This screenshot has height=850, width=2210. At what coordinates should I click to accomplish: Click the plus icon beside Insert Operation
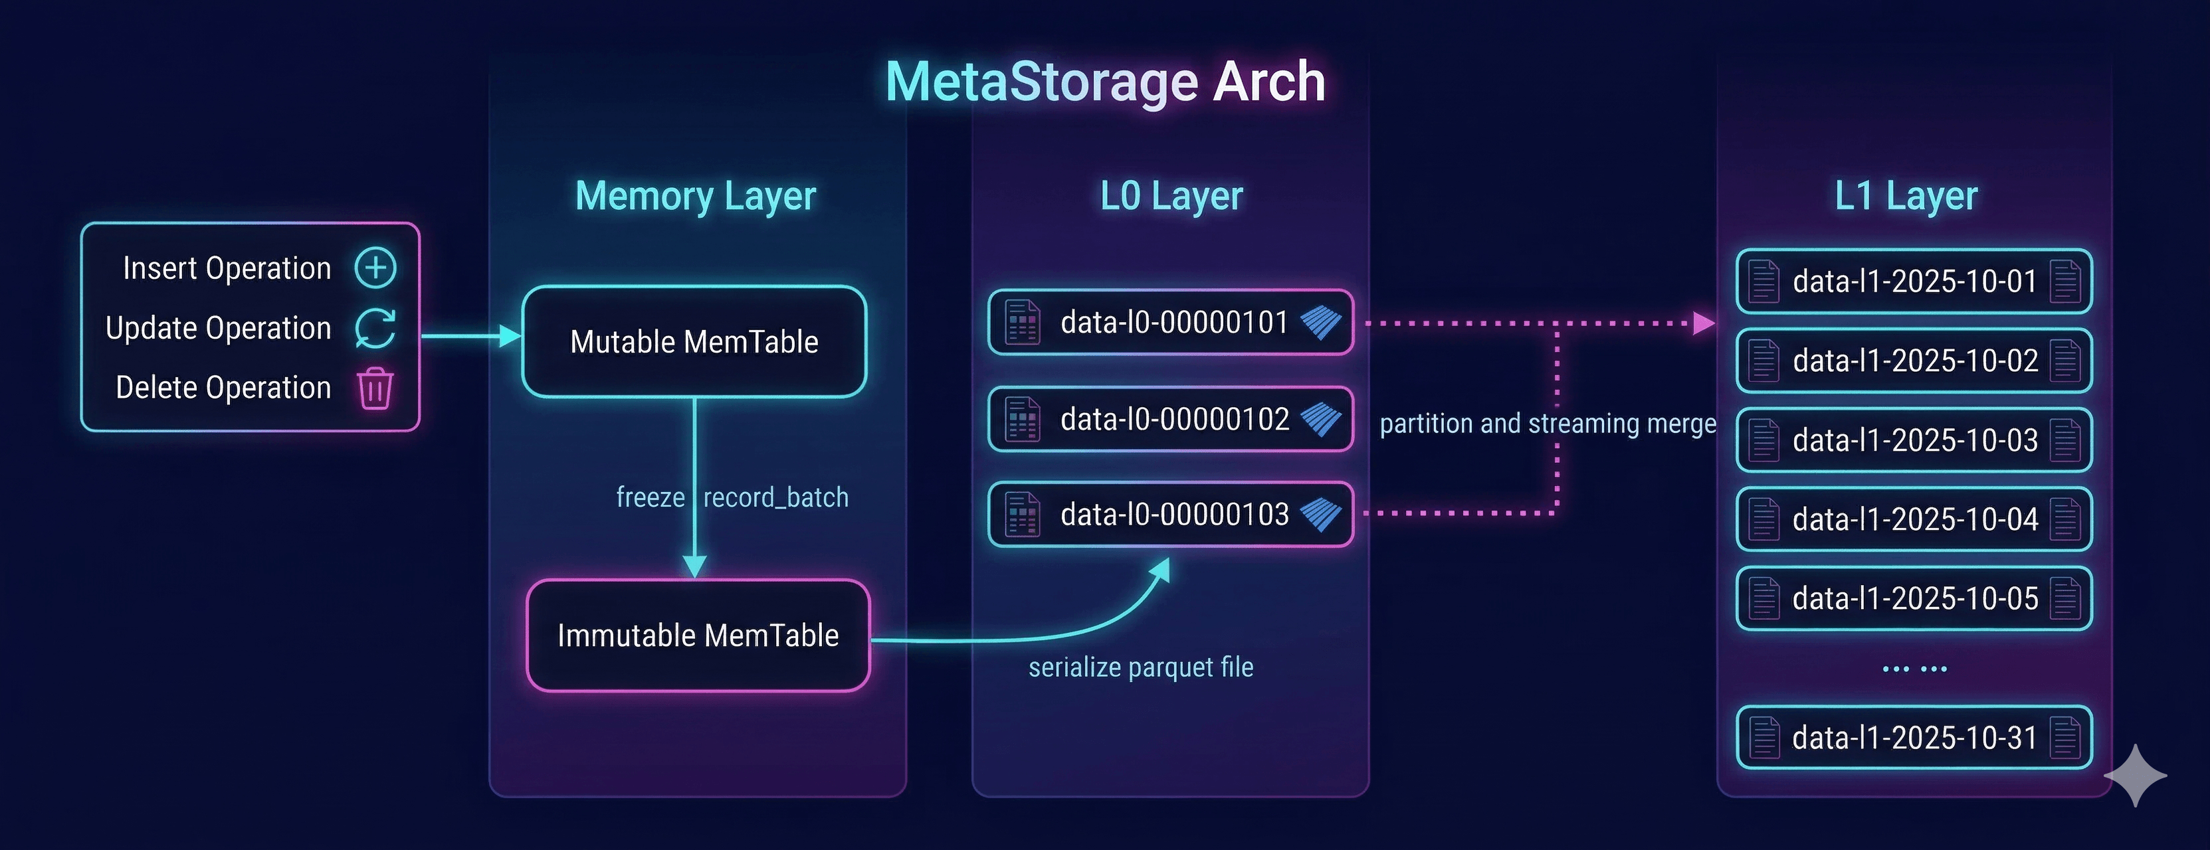(376, 268)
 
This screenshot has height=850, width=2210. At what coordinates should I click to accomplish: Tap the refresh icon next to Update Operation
(376, 327)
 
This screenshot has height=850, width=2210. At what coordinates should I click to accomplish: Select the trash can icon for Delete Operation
(376, 388)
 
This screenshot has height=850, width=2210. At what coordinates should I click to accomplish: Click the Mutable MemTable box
(694, 341)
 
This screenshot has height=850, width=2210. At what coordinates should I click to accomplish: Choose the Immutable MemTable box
(698, 636)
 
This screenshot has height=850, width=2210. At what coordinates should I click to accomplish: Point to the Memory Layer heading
(695, 195)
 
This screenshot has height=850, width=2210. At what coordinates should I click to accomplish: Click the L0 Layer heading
(1171, 195)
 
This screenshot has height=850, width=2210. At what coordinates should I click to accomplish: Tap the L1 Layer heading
(1906, 195)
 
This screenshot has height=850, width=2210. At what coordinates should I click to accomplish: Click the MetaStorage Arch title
(1105, 82)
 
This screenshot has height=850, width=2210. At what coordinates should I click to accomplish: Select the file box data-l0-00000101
(1171, 323)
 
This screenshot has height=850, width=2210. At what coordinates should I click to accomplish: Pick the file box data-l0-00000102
(1171, 420)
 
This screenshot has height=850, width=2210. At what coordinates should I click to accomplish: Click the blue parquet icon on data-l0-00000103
(1320, 515)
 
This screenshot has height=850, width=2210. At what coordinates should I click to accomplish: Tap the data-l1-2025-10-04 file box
(1914, 519)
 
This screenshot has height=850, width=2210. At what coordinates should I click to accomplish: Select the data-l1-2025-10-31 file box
(1914, 738)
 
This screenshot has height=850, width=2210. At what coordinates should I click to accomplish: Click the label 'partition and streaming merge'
(1548, 424)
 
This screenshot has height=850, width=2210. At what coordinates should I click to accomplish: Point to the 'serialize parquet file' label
(1141, 667)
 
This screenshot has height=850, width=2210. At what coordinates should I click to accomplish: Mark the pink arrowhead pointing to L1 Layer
(1704, 323)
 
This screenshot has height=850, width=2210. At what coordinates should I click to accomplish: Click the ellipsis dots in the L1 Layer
(1914, 668)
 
